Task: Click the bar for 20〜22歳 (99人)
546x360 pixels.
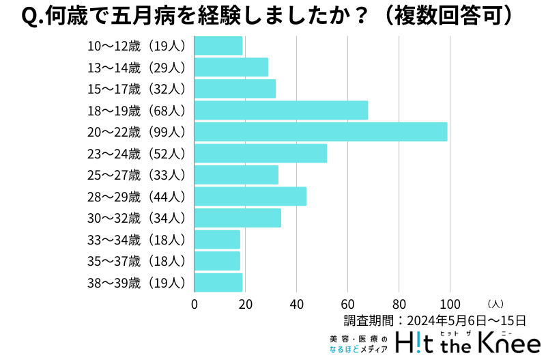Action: (321, 132)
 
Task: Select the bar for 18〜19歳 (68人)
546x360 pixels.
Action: (281, 110)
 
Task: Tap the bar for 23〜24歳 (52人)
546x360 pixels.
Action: (261, 153)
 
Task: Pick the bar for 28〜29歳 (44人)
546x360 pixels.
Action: (250, 196)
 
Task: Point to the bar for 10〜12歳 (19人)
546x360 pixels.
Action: (218, 46)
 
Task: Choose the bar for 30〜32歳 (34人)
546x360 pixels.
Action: (238, 218)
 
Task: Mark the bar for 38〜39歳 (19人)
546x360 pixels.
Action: (218, 282)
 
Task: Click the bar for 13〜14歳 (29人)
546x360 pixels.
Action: (231, 67)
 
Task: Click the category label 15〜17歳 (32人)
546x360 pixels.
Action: (136, 89)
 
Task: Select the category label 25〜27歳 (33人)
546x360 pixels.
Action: (136, 175)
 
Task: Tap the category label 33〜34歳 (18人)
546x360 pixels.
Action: (136, 239)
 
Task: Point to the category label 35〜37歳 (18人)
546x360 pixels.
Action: (136, 261)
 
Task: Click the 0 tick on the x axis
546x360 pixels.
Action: (195, 304)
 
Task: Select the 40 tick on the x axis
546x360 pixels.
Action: (297, 304)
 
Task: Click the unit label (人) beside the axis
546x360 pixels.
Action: (496, 303)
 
